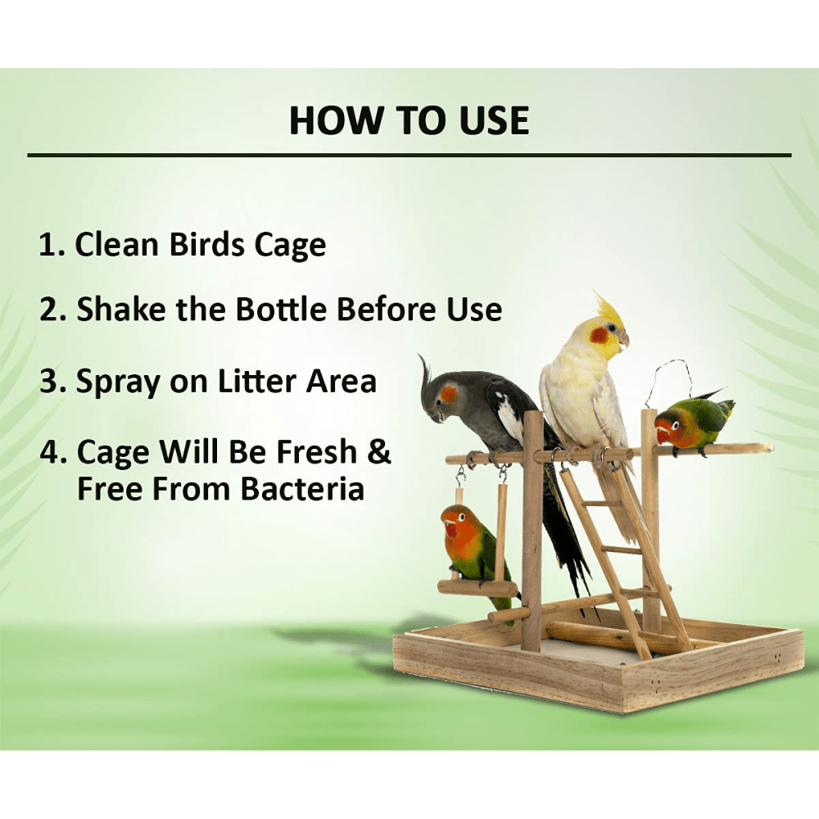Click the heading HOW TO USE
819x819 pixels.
coord(409,120)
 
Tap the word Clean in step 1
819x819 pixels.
coord(116,244)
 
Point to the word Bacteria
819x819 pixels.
coord(302,490)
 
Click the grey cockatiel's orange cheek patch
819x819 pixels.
coord(448,394)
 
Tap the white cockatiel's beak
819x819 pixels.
coord(623,340)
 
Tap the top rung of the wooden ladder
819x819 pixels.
coord(600,504)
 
